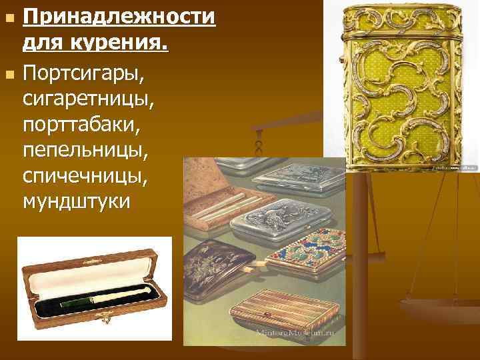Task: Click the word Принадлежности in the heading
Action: [x=119, y=15]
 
